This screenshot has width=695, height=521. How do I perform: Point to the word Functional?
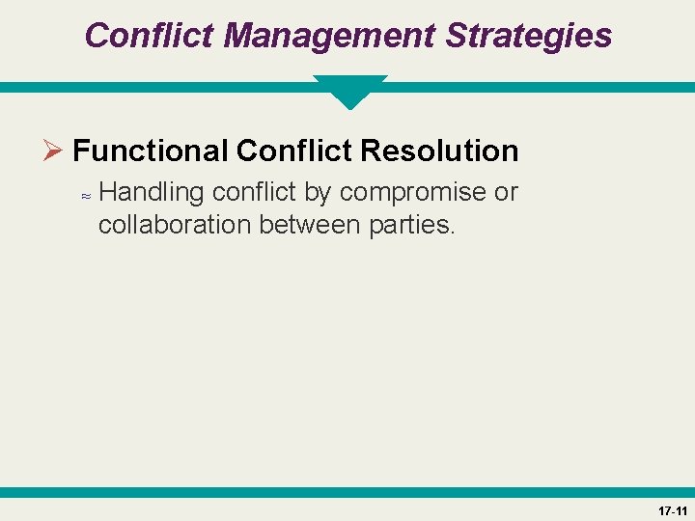point(150,151)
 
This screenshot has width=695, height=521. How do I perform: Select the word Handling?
point(152,192)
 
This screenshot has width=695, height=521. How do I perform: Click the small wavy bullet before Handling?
point(85,195)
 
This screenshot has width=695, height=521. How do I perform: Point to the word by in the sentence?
point(318,192)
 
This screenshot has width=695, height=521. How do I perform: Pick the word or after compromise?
point(506,192)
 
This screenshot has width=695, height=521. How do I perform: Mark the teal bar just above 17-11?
point(347,492)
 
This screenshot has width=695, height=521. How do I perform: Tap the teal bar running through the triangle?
point(145,87)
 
